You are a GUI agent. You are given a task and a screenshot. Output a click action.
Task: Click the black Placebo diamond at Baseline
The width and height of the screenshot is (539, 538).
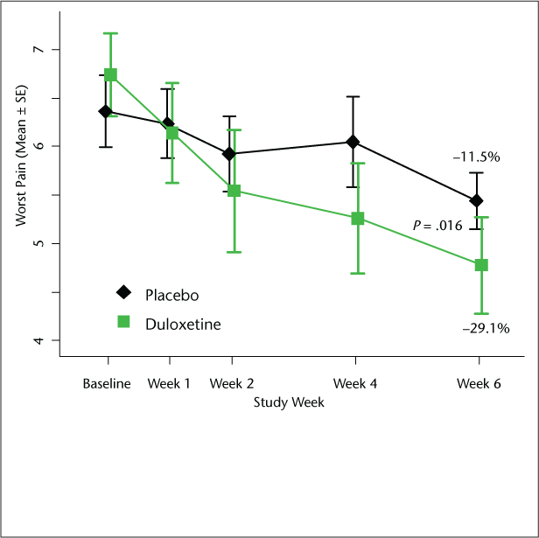[x=106, y=111]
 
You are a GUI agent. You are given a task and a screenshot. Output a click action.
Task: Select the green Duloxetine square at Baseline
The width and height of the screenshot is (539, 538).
[x=111, y=75]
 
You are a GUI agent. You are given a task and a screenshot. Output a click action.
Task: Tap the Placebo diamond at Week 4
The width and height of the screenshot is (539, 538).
[x=353, y=142]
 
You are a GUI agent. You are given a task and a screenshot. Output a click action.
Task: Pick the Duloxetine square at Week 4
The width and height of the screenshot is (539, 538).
[x=358, y=219]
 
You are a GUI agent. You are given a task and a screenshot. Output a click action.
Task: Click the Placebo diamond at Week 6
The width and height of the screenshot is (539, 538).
[x=476, y=200]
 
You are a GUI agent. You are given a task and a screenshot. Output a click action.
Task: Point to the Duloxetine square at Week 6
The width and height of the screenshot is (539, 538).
[x=481, y=265]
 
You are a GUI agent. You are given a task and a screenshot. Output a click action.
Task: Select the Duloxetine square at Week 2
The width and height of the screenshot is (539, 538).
[x=234, y=190]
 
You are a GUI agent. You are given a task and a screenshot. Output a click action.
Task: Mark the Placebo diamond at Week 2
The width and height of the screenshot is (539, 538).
[x=229, y=154]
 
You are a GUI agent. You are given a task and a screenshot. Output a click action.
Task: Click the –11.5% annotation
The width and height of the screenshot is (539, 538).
[x=476, y=157]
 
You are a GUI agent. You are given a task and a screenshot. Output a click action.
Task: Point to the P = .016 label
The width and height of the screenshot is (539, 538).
[x=437, y=226]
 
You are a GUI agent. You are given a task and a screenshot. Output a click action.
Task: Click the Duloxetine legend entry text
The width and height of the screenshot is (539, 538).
[x=182, y=324]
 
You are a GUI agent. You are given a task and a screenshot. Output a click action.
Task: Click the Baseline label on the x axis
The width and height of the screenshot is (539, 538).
[x=107, y=385]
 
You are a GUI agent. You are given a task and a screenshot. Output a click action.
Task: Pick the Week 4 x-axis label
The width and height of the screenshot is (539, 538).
[x=354, y=385]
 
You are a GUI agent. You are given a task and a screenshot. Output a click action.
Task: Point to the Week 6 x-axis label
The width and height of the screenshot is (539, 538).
[x=479, y=385]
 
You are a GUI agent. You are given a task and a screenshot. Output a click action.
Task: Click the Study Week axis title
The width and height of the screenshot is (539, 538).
[x=288, y=403]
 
